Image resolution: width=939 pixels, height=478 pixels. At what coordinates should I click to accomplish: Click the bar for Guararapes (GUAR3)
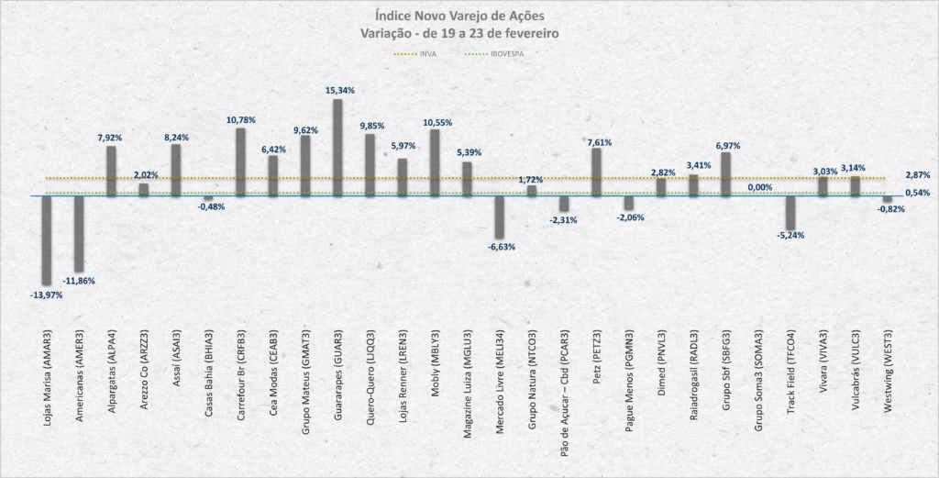click(x=337, y=147)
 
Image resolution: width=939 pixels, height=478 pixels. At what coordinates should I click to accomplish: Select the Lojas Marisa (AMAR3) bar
click(x=47, y=239)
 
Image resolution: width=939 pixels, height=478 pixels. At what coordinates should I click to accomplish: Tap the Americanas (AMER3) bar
click(x=79, y=234)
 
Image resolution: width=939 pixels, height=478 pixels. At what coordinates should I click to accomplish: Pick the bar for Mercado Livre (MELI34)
click(x=499, y=217)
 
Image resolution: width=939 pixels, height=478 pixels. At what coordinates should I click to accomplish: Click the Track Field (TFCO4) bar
click(x=790, y=212)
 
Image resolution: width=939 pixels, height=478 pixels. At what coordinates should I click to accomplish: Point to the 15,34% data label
click(x=339, y=91)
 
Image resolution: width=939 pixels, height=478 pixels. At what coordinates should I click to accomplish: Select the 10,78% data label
click(x=240, y=119)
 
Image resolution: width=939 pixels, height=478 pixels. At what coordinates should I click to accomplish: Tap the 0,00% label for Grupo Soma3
click(x=759, y=187)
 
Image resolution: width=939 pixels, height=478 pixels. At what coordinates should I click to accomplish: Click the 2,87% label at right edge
click(x=918, y=174)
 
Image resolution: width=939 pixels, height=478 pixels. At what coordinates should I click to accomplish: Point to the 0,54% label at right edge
click(x=918, y=193)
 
